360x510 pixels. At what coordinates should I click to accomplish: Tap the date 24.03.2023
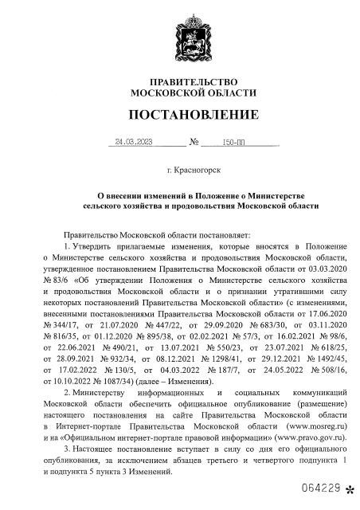click(x=133, y=143)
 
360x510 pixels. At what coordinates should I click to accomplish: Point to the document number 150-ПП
click(x=236, y=143)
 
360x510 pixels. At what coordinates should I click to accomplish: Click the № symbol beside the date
click(x=194, y=143)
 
